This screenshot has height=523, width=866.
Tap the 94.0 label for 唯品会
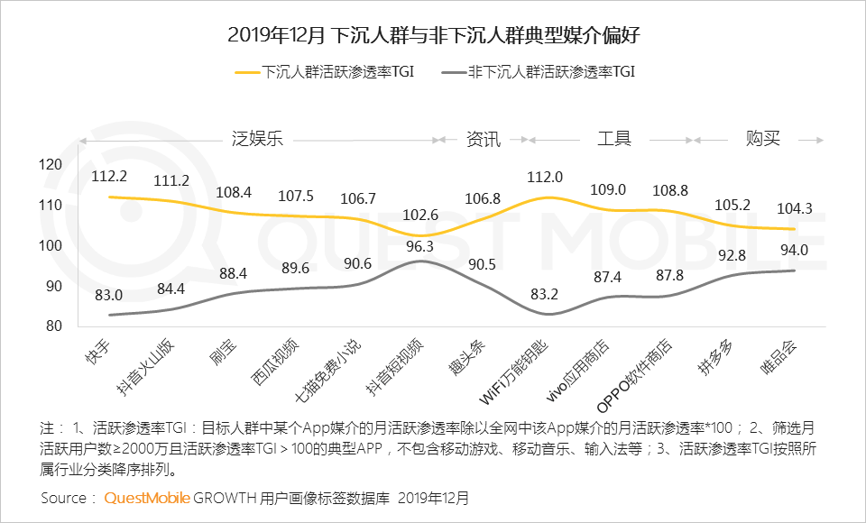[793, 251]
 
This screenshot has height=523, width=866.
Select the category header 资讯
[483, 139]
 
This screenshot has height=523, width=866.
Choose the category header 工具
[613, 139]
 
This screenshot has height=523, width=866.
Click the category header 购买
[762, 139]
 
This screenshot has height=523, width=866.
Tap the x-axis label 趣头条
[477, 359]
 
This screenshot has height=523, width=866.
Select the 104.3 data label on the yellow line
[794, 208]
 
